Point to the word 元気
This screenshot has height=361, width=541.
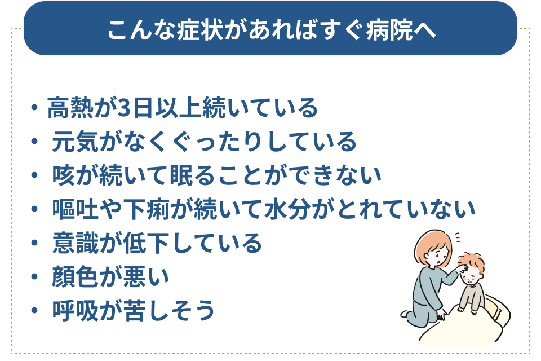pyautogui.click(x=75, y=142)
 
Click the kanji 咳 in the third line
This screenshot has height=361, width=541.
pyautogui.click(x=64, y=175)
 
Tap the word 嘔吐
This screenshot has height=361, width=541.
pyautogui.click(x=75, y=209)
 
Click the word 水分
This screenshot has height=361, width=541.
pyautogui.click(x=287, y=209)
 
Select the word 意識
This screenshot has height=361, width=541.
pyautogui.click(x=75, y=243)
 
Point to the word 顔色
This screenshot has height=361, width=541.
pyautogui.click(x=75, y=277)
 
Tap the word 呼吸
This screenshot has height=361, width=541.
pyautogui.click(x=75, y=310)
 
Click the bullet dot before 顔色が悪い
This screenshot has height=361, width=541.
pyautogui.click(x=34, y=276)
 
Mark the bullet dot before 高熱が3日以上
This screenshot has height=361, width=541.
pyautogui.click(x=34, y=107)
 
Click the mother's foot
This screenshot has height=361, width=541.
pyautogui.click(x=405, y=314)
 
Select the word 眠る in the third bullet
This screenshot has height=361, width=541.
pyautogui.click(x=193, y=175)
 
